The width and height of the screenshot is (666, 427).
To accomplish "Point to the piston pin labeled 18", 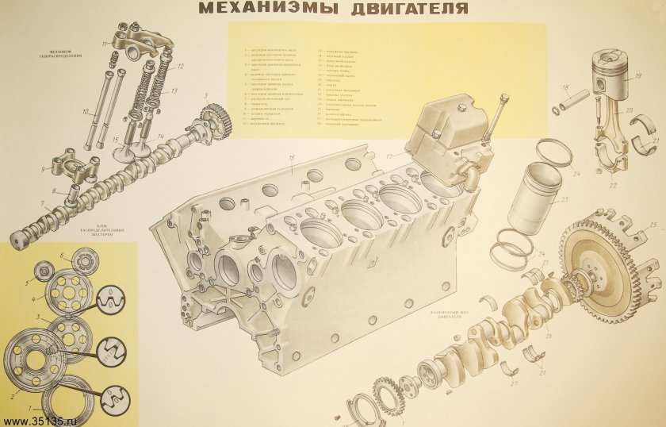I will tap(572, 102).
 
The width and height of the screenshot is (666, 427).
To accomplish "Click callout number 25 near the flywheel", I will tap(653, 226).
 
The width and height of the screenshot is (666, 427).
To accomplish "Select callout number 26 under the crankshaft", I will tap(546, 336).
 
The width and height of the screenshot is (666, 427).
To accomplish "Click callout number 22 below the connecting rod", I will tap(613, 185).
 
